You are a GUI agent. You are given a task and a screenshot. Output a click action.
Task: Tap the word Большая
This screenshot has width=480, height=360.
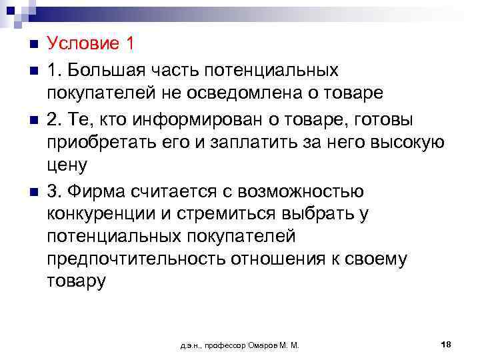coord(110,69)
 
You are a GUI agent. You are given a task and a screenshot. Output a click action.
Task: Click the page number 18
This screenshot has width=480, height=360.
coord(446,344)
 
